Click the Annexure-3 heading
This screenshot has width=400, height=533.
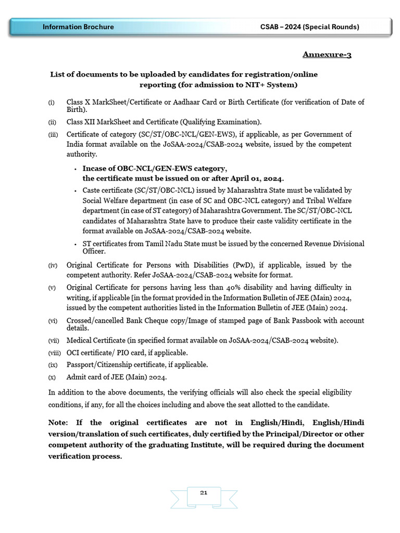(327, 54)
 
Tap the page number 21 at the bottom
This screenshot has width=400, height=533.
(204, 492)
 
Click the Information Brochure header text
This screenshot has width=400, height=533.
(78, 27)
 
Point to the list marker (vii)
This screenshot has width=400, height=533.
(54, 341)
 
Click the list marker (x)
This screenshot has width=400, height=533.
(52, 377)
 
